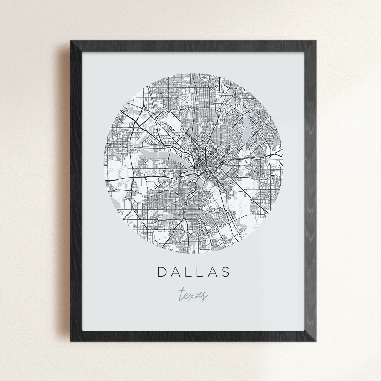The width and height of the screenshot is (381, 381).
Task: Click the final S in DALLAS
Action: point(226,272)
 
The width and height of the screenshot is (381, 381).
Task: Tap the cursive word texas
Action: point(193,295)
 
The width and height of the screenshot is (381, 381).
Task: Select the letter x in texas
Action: point(194,296)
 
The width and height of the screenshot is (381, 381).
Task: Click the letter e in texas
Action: point(187,296)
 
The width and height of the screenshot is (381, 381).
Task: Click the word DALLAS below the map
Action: point(194,272)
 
